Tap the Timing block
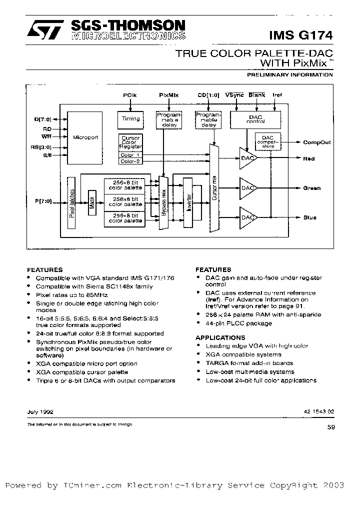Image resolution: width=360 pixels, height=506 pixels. [131, 119]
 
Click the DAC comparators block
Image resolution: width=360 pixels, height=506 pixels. [268, 142]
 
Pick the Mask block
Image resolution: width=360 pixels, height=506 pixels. [91, 202]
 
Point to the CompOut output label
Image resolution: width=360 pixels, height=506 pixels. [317, 142]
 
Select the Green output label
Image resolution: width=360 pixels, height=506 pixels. [312, 188]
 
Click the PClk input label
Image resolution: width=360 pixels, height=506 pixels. [130, 94]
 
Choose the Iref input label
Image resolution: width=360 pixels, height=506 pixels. [277, 94]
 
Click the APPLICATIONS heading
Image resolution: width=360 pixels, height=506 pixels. [220, 337]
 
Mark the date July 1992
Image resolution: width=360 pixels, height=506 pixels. [40, 412]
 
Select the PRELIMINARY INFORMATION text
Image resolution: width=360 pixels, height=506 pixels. [290, 74]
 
